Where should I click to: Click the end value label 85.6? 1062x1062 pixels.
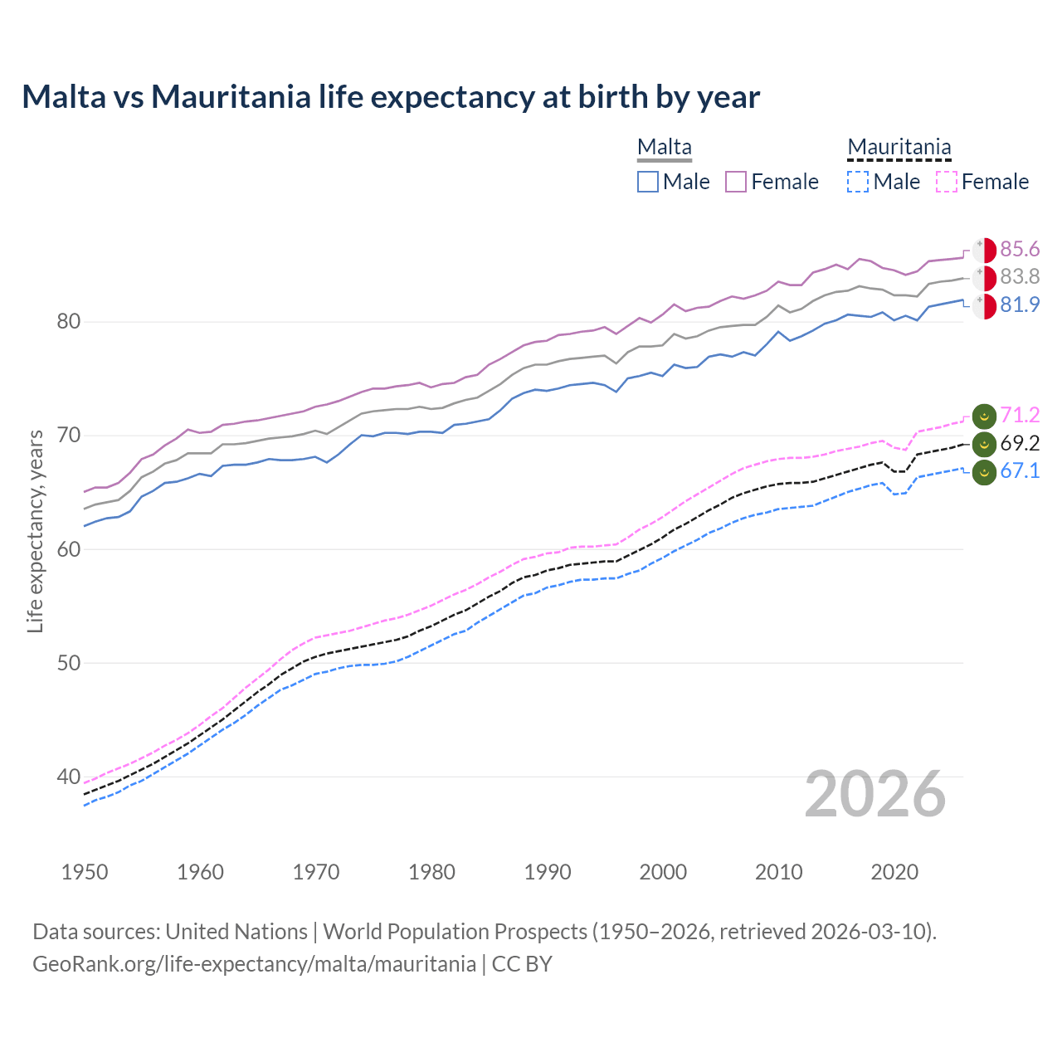pyautogui.click(x=1020, y=249)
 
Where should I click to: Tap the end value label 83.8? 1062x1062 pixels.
pyautogui.click(x=1020, y=276)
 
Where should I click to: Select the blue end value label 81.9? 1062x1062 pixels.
pyautogui.click(x=1020, y=304)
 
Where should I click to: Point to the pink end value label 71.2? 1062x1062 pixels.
pyautogui.click(x=1020, y=415)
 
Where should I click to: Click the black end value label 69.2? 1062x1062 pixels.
pyautogui.click(x=1020, y=443)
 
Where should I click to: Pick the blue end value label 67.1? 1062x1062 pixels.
pyautogui.click(x=1020, y=470)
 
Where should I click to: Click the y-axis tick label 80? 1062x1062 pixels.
pyautogui.click(x=68, y=321)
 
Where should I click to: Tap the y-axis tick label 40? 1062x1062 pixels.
pyautogui.click(x=68, y=777)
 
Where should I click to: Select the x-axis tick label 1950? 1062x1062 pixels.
pyautogui.click(x=85, y=872)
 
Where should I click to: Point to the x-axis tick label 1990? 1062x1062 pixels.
pyautogui.click(x=548, y=872)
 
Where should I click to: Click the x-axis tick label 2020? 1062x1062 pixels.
pyautogui.click(x=894, y=872)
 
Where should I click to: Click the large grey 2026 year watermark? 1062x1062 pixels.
pyautogui.click(x=875, y=794)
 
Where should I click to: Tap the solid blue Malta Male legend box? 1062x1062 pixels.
pyautogui.click(x=648, y=182)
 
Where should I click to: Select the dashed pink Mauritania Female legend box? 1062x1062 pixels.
pyautogui.click(x=946, y=182)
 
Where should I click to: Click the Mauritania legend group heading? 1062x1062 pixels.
pyautogui.click(x=899, y=147)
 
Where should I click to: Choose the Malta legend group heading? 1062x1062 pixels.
pyautogui.click(x=665, y=147)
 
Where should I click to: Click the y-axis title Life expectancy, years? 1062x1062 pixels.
pyautogui.click(x=35, y=531)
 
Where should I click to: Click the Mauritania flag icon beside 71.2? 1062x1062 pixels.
pyautogui.click(x=984, y=416)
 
